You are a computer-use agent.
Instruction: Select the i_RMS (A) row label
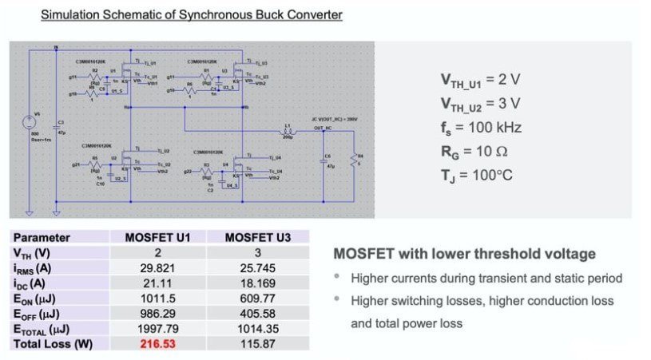click(32, 267)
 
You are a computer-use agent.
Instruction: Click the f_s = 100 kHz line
click(480, 128)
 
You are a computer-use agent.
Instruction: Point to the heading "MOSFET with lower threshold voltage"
click(464, 254)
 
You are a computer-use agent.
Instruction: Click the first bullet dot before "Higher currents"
click(338, 279)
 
